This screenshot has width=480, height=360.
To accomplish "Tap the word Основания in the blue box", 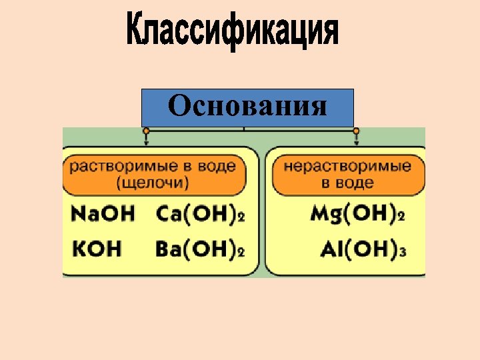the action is tap(247, 105).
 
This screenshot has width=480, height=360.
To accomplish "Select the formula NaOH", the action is tap(103, 214).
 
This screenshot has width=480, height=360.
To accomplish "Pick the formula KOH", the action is tap(96, 249).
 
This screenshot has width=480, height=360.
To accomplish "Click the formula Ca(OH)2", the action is tap(200, 214).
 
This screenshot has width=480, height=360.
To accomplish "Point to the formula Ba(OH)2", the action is tap(200, 249).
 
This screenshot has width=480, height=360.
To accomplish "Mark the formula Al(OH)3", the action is tap(363, 249).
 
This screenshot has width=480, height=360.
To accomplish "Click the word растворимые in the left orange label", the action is tap(117, 166).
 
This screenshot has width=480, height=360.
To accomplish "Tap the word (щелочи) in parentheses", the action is tap(153, 181).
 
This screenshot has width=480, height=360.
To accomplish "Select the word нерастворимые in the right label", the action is tap(347, 166).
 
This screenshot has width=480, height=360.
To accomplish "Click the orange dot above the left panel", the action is tap(146, 131).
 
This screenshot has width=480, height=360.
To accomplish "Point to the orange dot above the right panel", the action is tap(356, 131).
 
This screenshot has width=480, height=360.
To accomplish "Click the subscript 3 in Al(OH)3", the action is tap(403, 253).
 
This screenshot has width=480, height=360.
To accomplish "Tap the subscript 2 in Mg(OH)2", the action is tap(401, 217).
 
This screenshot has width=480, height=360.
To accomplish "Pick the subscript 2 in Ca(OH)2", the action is tap(241, 217).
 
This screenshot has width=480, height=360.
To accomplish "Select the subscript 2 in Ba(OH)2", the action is tap(241, 253).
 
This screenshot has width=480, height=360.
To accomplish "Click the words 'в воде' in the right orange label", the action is tap(347, 182).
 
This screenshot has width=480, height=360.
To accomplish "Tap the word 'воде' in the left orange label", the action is tap(217, 166).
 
